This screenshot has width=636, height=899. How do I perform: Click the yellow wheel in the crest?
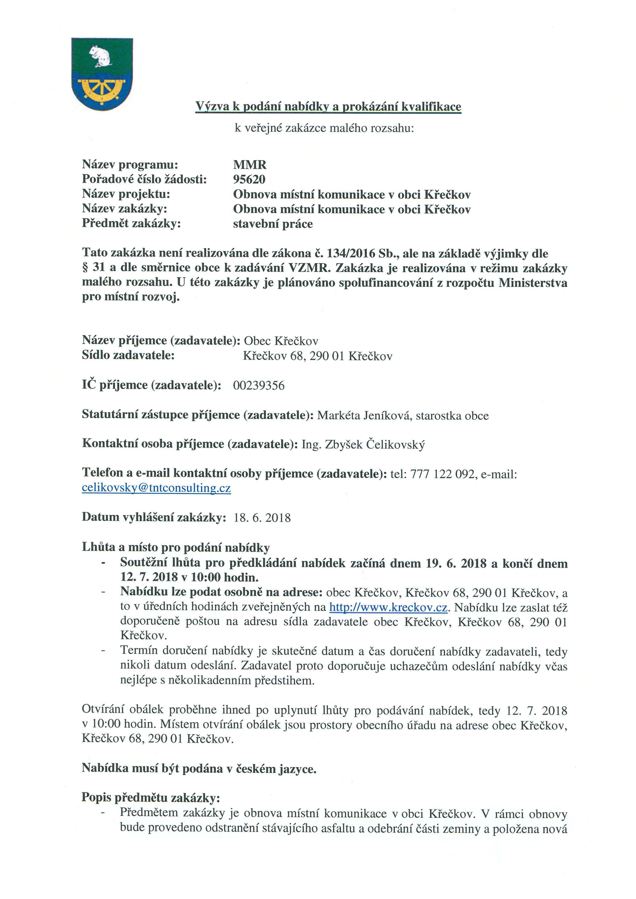click(102, 89)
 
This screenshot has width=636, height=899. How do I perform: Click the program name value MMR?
click(250, 165)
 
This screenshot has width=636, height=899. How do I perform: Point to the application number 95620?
click(249, 179)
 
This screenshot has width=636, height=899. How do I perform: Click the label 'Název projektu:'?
click(126, 194)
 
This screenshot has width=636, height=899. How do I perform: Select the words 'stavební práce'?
click(273, 224)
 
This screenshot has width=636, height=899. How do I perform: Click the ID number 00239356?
click(259, 386)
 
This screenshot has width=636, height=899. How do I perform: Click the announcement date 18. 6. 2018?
click(262, 518)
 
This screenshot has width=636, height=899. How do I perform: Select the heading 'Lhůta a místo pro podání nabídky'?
click(175, 547)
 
